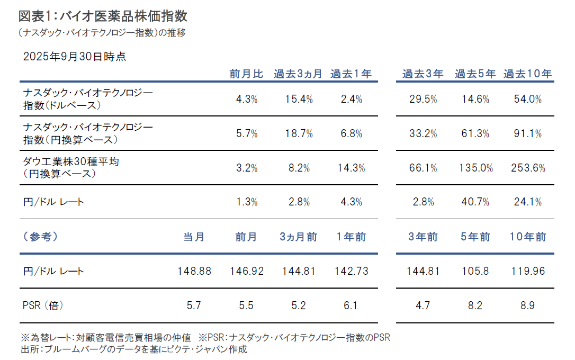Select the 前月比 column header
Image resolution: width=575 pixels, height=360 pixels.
point(246,74)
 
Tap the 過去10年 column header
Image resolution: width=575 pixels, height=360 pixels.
point(527,74)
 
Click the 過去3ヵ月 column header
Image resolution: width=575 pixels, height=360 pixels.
point(298,74)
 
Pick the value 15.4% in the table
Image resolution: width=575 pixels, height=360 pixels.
point(299,99)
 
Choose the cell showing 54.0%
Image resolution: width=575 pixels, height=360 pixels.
point(527,99)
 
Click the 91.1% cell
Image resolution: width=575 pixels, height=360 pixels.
point(527,134)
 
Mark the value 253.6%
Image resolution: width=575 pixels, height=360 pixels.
point(527,168)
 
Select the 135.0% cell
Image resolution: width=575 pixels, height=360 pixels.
point(475,168)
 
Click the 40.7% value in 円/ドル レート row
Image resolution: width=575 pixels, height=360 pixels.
point(475,202)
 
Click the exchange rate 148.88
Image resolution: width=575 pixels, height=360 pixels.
point(194,272)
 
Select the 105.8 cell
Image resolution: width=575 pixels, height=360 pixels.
point(475,272)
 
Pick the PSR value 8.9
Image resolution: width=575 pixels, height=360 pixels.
point(527,305)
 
